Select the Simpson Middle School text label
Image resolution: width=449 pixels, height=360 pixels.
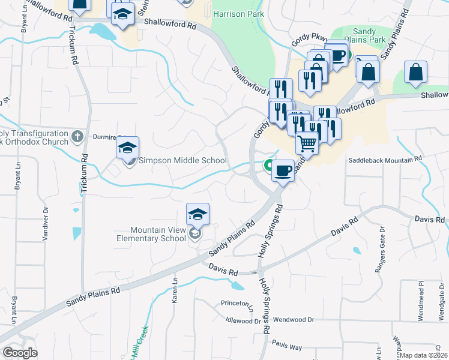(x=182, y=160)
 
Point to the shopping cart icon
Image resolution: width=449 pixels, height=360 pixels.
(x=307, y=143)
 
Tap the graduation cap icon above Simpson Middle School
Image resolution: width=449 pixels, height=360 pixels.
(x=127, y=148)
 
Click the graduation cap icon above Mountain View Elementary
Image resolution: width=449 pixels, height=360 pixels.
(x=197, y=214)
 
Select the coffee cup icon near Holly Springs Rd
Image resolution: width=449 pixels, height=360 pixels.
(x=283, y=170)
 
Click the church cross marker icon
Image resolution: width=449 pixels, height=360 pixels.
(x=77, y=137)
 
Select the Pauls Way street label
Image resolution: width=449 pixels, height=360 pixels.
(x=286, y=347)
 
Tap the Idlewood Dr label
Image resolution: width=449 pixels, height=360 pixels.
(x=240, y=320)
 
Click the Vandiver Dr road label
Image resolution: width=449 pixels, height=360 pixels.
(x=46, y=223)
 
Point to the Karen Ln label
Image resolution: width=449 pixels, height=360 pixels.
(x=175, y=289)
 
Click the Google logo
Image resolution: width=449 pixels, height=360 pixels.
(x=20, y=352)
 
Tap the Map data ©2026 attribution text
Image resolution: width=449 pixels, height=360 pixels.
(x=424, y=355)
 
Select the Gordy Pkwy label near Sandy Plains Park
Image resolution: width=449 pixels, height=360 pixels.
(x=304, y=40)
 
